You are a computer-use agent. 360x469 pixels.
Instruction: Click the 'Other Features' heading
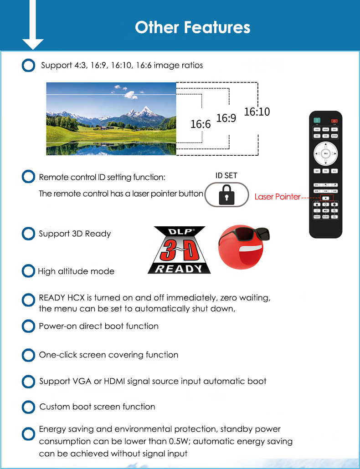tap(192, 27)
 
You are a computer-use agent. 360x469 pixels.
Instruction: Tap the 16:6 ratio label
tap(201, 124)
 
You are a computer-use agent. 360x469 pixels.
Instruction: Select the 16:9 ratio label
tap(226, 118)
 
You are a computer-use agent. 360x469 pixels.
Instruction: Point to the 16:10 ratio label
tap(257, 112)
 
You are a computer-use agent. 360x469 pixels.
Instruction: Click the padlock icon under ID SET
tap(226, 196)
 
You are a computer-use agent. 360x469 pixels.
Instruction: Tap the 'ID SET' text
tap(226, 175)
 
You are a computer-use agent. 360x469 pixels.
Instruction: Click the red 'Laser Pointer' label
tap(278, 197)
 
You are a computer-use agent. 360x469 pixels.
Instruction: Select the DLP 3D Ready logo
tap(179, 250)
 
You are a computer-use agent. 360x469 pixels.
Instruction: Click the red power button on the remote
tap(334, 121)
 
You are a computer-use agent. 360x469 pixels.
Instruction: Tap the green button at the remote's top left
tap(317, 121)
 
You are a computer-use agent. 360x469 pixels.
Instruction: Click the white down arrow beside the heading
tap(33, 27)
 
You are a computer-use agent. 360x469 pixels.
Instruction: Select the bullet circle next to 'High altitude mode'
tap(28, 271)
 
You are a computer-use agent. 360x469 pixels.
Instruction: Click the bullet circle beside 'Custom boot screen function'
tap(28, 407)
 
